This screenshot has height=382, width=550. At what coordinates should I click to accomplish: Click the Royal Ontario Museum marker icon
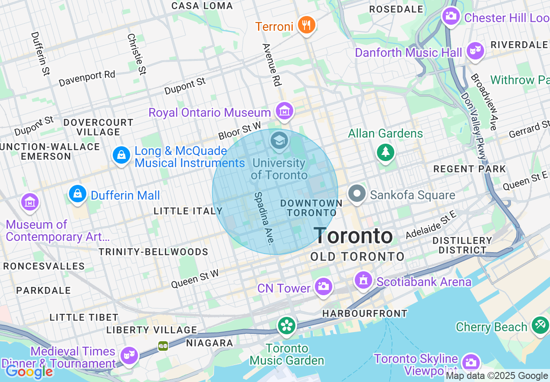285,111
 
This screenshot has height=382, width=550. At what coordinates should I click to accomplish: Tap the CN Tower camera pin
323,286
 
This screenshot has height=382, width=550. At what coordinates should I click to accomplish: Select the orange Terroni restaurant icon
307,25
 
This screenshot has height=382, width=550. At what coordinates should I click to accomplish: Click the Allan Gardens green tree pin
385,152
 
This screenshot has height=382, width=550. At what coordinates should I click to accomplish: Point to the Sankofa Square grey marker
357,194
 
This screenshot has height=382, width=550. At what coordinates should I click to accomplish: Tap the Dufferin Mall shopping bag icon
78,194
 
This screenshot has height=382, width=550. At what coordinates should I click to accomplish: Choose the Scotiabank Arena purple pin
363,280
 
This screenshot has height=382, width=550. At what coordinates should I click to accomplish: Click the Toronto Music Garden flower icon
287,326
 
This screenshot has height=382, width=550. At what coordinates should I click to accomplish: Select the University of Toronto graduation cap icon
279,140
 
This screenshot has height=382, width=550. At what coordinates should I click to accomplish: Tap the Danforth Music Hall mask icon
475,51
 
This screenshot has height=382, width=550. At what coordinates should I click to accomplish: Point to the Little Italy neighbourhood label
188,211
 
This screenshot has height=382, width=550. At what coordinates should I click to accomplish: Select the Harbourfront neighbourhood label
365,313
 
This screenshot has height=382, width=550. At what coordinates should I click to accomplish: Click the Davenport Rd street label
87,79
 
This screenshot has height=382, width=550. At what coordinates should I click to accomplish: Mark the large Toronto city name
354,236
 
